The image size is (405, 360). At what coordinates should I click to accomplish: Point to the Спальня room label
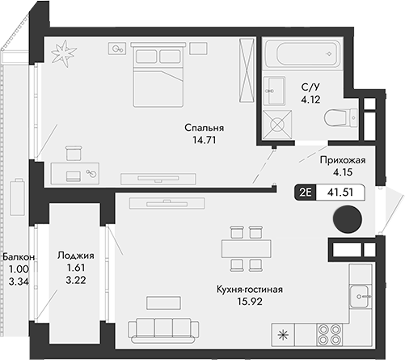(204, 128)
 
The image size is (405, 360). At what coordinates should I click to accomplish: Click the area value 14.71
(204, 140)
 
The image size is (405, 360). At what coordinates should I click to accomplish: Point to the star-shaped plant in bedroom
(62, 54)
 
